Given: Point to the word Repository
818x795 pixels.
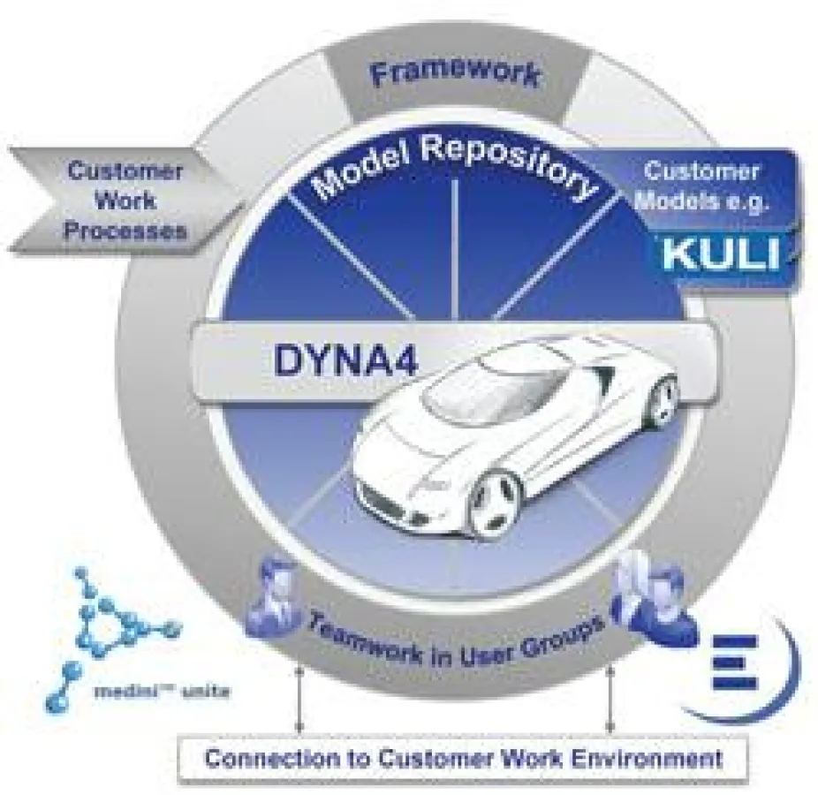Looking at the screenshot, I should click(x=513, y=166).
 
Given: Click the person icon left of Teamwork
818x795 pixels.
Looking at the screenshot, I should click(x=272, y=587).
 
